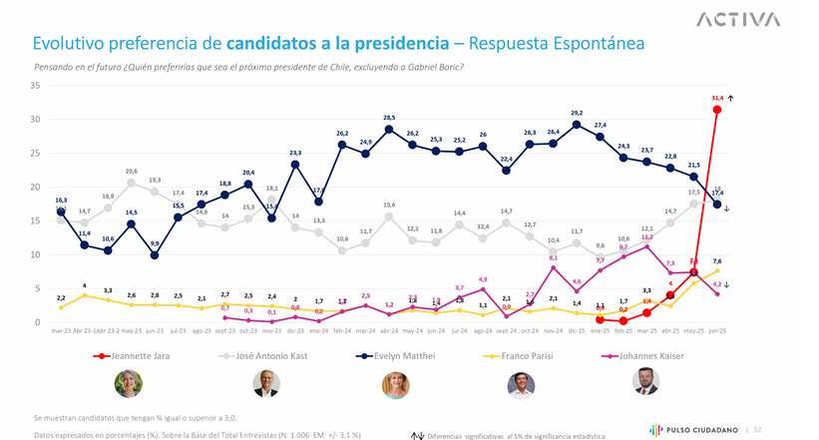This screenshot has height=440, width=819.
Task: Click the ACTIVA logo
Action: pos(738,19)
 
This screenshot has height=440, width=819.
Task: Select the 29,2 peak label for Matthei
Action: pos(577,113)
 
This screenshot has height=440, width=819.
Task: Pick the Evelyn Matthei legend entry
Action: pos(404,355)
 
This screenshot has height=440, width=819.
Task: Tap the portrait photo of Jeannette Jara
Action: pos(129,383)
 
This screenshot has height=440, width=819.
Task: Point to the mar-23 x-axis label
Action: pos(61,330)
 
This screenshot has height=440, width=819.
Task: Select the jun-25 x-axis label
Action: pos(716,330)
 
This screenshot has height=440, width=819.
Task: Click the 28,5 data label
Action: pos(389,118)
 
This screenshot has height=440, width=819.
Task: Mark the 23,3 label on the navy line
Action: pos(295,153)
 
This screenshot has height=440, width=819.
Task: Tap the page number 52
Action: pos(759,429)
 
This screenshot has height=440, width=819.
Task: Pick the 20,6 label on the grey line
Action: pos(131,171)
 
